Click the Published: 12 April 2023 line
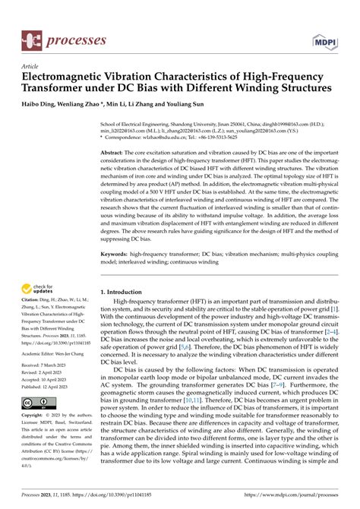click(x=50, y=387)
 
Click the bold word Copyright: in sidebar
click(x=33, y=416)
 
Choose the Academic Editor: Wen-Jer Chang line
click(x=58, y=352)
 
